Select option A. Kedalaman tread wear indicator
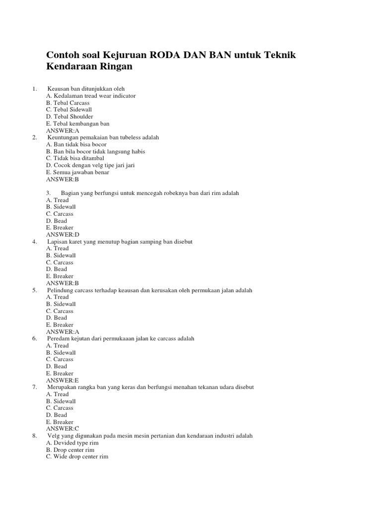coord(91,96)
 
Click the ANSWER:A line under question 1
coord(63,130)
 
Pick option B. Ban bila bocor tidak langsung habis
coord(96,151)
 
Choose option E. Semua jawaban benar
coord(78,172)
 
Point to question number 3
coord(49,193)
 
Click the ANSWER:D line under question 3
coord(63,234)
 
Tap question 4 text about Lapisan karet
coord(120,242)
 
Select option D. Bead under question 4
coord(57,269)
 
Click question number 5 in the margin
coord(35,290)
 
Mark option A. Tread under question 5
coord(58,297)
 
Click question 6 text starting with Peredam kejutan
coord(121,338)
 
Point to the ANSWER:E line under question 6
coord(63,380)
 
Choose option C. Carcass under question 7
coord(60,408)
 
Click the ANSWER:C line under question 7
coord(63,428)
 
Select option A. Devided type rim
coord(72,443)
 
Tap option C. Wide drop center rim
coord(77,456)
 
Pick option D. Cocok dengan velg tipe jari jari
coord(90,165)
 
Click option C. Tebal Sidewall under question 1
coord(69,110)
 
